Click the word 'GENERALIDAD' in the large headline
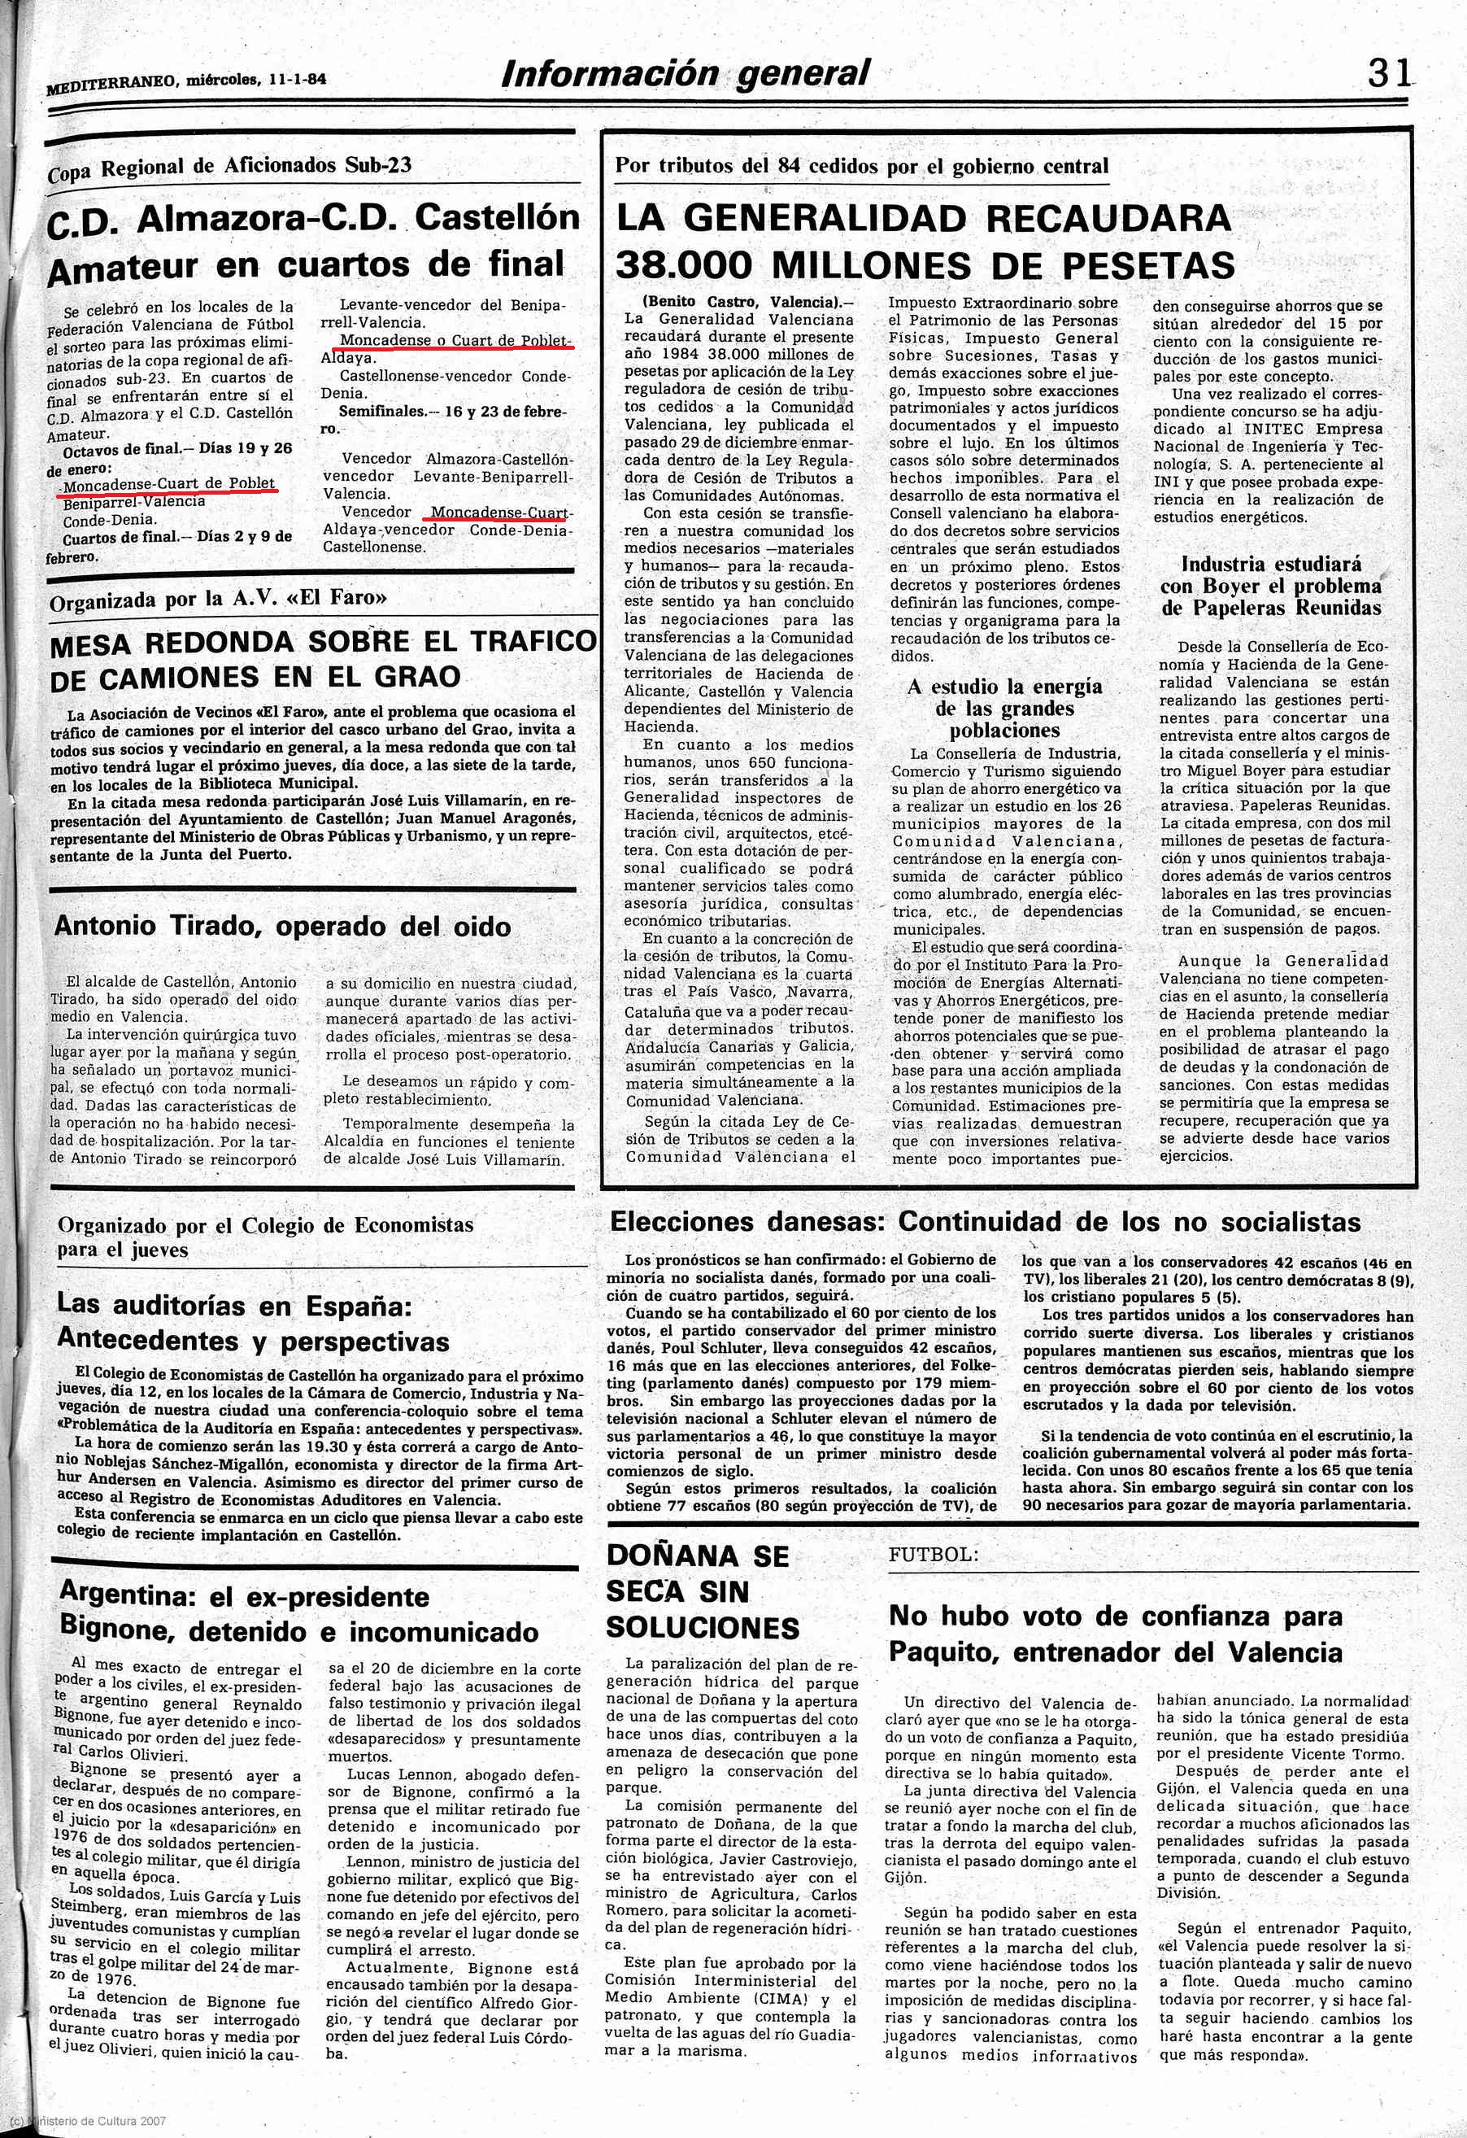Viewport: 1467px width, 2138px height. pos(828,219)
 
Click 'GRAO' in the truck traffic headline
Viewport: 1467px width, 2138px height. pos(417,677)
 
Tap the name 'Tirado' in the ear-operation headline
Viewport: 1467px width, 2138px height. pos(218,926)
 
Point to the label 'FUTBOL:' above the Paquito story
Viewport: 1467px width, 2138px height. pos(933,1555)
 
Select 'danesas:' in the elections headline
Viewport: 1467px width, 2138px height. pos(830,1223)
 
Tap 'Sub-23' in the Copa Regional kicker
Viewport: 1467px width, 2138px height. pos(378,166)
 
